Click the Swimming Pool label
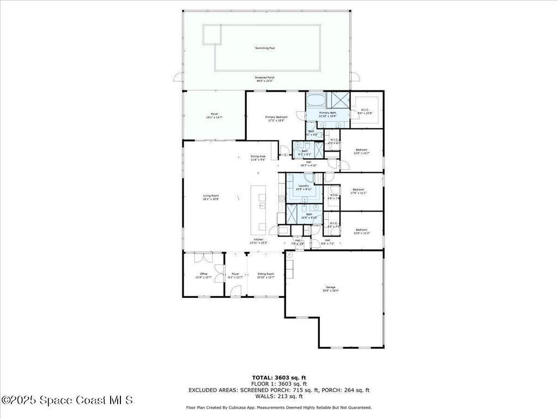tap(265, 49)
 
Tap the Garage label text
tap(330, 288)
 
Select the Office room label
tap(203, 274)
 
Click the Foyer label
tap(235, 274)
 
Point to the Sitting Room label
tap(265, 274)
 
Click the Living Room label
tap(211, 196)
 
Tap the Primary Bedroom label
tap(276, 117)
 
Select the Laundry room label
tap(304, 185)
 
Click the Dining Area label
tap(258, 156)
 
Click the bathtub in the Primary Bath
tap(315, 100)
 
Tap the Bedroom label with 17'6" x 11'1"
tap(358, 190)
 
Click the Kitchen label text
tap(258, 240)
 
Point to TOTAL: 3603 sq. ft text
tap(278, 378)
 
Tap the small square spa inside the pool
tap(212, 34)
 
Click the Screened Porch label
tap(265, 78)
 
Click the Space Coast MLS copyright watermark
tap(67, 400)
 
